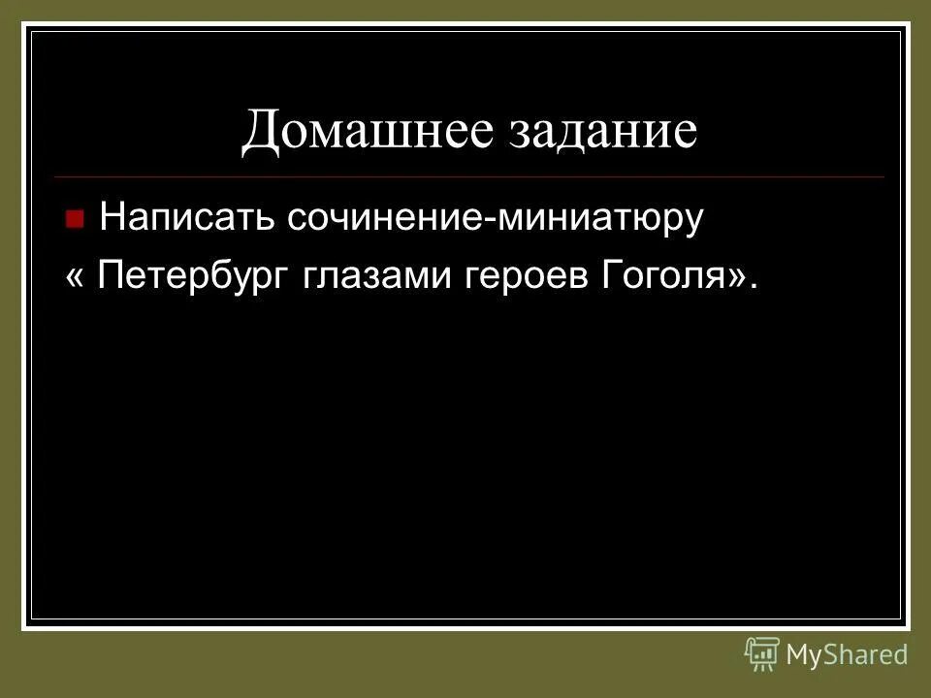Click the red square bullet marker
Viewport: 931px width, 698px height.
[75, 218]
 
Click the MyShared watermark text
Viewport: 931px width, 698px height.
[847, 654]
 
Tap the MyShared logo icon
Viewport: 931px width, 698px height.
[762, 654]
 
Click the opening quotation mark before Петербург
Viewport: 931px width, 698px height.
[75, 277]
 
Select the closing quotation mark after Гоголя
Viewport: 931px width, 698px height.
[736, 277]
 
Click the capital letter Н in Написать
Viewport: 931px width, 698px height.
[112, 217]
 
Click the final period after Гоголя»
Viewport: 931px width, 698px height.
[754, 288]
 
